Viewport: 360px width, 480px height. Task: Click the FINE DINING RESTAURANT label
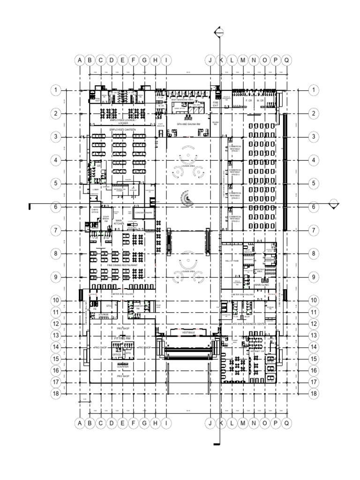(x=123, y=265)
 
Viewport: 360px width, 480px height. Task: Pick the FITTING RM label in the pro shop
(x=122, y=337)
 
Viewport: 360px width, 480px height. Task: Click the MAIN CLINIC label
(x=261, y=285)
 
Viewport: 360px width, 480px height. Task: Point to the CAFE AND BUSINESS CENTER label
(x=248, y=324)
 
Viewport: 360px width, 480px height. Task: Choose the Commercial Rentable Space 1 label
(x=235, y=149)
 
